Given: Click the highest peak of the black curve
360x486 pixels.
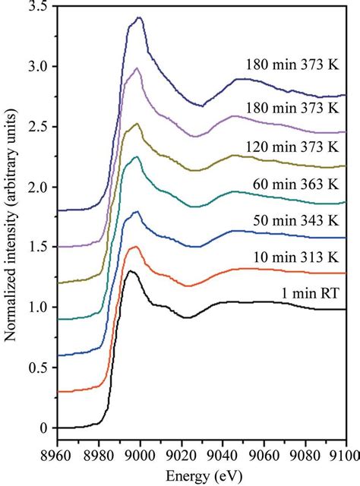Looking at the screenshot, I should coord(131,271).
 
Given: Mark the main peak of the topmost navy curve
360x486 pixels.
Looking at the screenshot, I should coord(138,17).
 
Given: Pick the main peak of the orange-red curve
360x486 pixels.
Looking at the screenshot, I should coord(135,247).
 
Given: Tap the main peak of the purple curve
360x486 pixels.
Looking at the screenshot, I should coord(137,68).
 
